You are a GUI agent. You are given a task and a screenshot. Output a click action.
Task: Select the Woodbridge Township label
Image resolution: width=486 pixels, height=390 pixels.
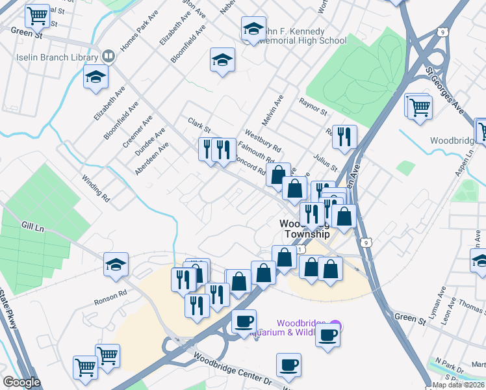[305, 228]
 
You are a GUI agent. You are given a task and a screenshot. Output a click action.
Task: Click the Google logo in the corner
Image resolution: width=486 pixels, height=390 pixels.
[21, 382]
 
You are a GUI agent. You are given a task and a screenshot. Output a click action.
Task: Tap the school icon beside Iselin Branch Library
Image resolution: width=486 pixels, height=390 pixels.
[96, 77]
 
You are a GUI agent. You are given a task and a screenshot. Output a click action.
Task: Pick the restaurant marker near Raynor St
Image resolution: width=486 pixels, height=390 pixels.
[344, 136]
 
